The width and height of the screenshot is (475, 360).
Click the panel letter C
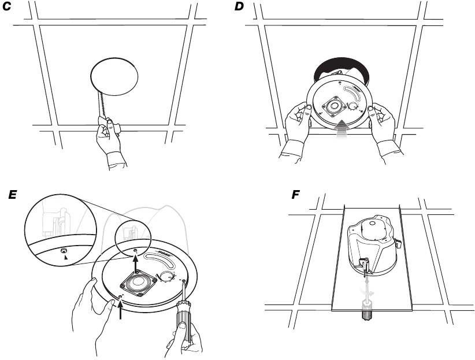(x=7, y=7)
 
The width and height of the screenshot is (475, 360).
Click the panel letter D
(x=239, y=7)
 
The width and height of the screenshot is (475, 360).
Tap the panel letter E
(x=12, y=195)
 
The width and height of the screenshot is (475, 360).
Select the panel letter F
(x=295, y=195)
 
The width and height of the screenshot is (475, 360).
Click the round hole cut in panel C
(x=114, y=76)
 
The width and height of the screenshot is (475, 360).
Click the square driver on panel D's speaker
(x=335, y=106)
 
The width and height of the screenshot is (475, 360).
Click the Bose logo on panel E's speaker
(x=165, y=254)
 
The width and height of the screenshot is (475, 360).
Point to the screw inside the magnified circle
(x=64, y=250)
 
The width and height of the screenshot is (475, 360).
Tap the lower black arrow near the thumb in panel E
(x=121, y=309)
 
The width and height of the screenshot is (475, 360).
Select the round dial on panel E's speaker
(x=166, y=276)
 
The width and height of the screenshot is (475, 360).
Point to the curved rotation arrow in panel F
(x=367, y=291)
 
